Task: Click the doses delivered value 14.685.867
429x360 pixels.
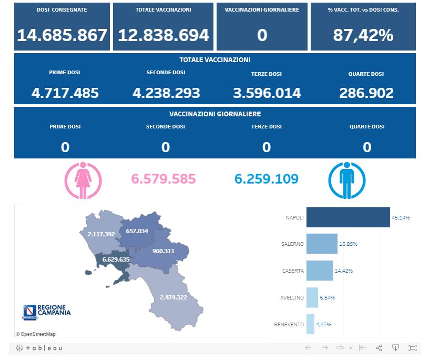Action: coord(62,35)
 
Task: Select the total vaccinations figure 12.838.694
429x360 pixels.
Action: coord(164,35)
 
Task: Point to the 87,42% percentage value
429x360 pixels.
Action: coord(363,35)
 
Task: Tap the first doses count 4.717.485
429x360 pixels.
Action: coord(65,93)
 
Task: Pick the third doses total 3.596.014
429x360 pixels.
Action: coord(267,93)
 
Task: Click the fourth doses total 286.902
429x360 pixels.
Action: coord(366,93)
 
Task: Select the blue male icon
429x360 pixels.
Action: coord(345,181)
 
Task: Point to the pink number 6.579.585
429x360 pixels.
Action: coord(164,179)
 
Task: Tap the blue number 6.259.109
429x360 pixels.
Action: coord(267,179)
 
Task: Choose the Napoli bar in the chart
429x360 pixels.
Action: coord(348,217)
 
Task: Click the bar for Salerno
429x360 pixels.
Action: coord(322,244)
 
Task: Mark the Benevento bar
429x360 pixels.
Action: coord(310,324)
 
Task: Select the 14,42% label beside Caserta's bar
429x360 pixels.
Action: coord(343,271)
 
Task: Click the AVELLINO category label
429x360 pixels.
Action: coord(292,298)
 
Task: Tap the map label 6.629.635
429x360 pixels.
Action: coord(116,259)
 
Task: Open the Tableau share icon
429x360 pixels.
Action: coord(379,348)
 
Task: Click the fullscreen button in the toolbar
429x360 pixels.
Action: coord(412,348)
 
